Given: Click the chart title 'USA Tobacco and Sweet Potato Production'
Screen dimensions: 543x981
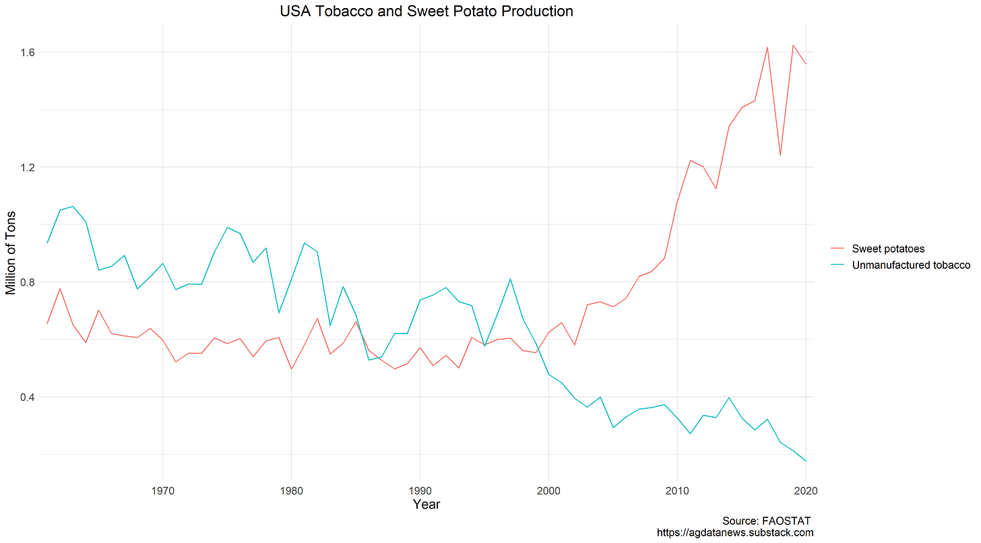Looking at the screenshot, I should coord(426,11).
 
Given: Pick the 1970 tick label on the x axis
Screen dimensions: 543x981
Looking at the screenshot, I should coord(162,490).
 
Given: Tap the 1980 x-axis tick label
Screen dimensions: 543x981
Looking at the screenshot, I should coord(291,490).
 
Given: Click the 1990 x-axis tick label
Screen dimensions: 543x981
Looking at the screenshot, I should coord(420,490).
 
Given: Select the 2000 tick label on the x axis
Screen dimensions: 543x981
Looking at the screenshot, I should coord(548,490).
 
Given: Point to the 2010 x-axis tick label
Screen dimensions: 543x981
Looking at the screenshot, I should coord(677,490).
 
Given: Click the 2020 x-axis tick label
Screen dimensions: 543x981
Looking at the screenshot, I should coord(805,490).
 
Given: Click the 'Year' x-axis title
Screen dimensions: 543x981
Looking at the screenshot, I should coord(426,505).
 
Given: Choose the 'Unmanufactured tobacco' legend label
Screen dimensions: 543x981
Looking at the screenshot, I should coord(911,265).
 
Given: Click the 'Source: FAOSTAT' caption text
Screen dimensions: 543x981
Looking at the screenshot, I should coord(766,521).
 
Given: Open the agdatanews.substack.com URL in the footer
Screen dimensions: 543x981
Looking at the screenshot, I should coord(735,533).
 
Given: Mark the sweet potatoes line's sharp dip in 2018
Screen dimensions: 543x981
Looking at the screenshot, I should coord(780,156).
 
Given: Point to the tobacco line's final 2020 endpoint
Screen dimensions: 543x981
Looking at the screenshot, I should coord(806,461).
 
